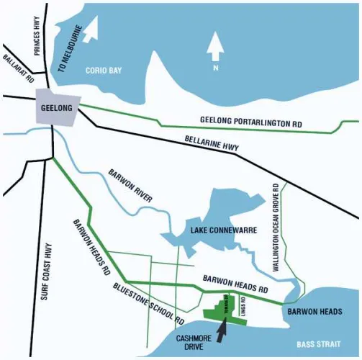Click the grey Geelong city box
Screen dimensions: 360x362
[x=55, y=109]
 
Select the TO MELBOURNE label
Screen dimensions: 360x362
[x=71, y=52]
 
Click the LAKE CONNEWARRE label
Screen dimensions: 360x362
[x=219, y=230]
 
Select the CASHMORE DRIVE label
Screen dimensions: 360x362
[x=196, y=342]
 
